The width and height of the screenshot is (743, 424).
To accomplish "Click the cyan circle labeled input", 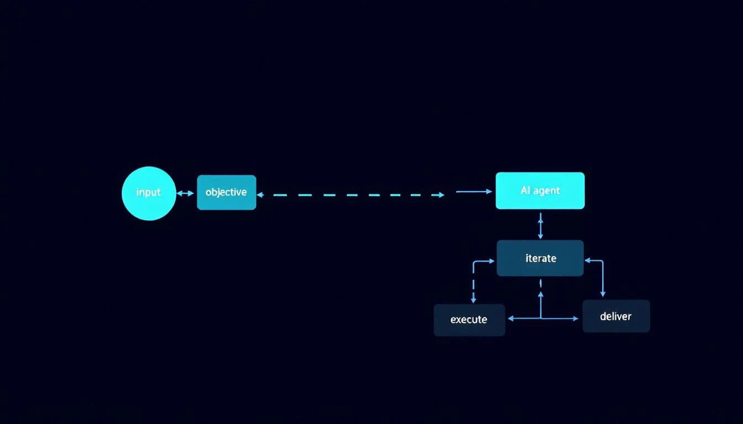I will coord(149,193).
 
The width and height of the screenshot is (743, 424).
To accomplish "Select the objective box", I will coord(226,193).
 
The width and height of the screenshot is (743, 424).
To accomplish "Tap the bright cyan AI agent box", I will coord(540,190).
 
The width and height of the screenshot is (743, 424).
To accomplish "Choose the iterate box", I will coord(540,258).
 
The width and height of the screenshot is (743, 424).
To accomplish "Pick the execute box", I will coord(469,320).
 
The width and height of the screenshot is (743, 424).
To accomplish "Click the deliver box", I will coord(616,316).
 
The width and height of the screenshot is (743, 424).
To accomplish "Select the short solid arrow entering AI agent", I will coord(473,192).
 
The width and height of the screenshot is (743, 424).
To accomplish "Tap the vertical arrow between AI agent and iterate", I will coord(541,225).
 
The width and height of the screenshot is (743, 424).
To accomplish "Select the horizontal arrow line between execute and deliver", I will coord(542,319).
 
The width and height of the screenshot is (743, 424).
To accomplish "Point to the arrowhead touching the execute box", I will coord(510,319).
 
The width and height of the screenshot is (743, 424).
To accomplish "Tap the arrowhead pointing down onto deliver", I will coord(603,294).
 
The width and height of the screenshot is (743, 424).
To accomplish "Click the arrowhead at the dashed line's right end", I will coord(441,195).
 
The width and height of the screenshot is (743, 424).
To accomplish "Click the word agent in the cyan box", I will coord(547,191).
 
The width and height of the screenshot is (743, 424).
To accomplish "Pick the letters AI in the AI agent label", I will coord(526,190).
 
